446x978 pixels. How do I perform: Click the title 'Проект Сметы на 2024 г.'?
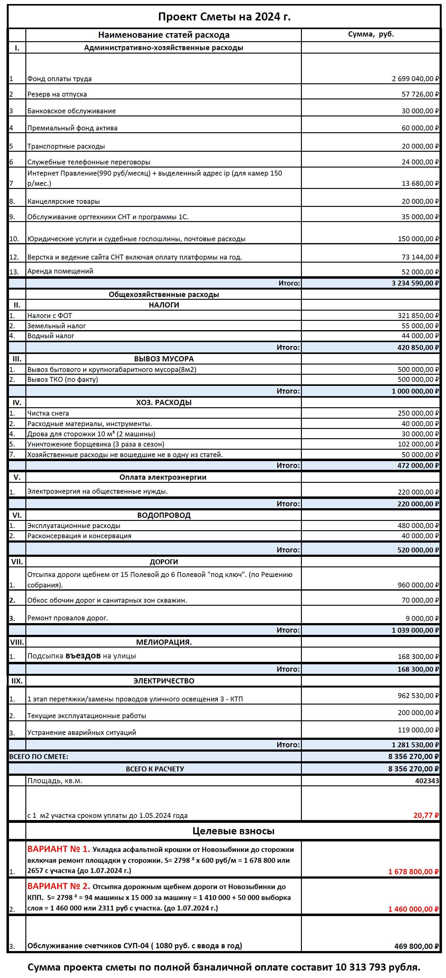[x=224, y=17]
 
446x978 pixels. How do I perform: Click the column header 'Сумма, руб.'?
[x=371, y=34]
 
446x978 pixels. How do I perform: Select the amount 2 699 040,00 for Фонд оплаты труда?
[x=415, y=79]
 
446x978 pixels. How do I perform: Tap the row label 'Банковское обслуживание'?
[x=71, y=111]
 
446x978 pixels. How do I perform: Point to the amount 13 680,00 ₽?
[x=420, y=183]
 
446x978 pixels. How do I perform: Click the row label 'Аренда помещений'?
[x=60, y=271]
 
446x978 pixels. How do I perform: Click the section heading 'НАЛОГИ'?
[x=164, y=305]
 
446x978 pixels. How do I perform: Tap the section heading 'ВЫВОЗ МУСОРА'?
[x=164, y=359]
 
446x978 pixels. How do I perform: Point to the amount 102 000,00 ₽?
[x=418, y=444]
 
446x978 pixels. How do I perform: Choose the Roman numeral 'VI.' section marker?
[x=17, y=515]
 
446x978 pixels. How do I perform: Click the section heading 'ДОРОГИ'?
[x=164, y=562]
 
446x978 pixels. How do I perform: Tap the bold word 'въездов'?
[x=83, y=656]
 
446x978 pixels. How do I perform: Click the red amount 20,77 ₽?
[x=426, y=815]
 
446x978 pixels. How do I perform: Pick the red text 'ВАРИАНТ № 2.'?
[x=58, y=886]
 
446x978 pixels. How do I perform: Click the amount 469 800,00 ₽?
[x=416, y=946]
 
